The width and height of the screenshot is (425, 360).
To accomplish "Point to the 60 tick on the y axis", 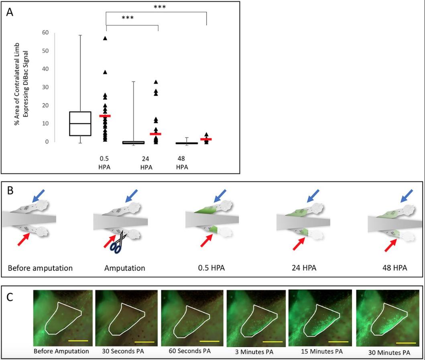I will pyautogui.click(x=47, y=33).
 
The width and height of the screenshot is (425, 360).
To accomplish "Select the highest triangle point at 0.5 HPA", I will pyautogui.click(x=105, y=38).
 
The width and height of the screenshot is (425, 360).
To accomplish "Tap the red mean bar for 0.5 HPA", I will pyautogui.click(x=105, y=116).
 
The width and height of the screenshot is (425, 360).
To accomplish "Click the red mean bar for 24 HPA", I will pyautogui.click(x=155, y=134).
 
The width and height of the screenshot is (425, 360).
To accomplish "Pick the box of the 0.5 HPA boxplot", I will pyautogui.click(x=80, y=123).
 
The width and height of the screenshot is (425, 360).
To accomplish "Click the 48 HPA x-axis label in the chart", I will pyautogui.click(x=182, y=163).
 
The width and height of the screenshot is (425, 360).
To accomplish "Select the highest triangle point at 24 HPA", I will pyautogui.click(x=156, y=82).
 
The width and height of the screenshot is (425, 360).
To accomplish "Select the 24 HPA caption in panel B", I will pyautogui.click(x=304, y=268).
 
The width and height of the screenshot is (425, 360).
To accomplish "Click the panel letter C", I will pyautogui.click(x=14, y=298).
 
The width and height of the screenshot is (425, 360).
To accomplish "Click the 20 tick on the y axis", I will pyautogui.click(x=47, y=105).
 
